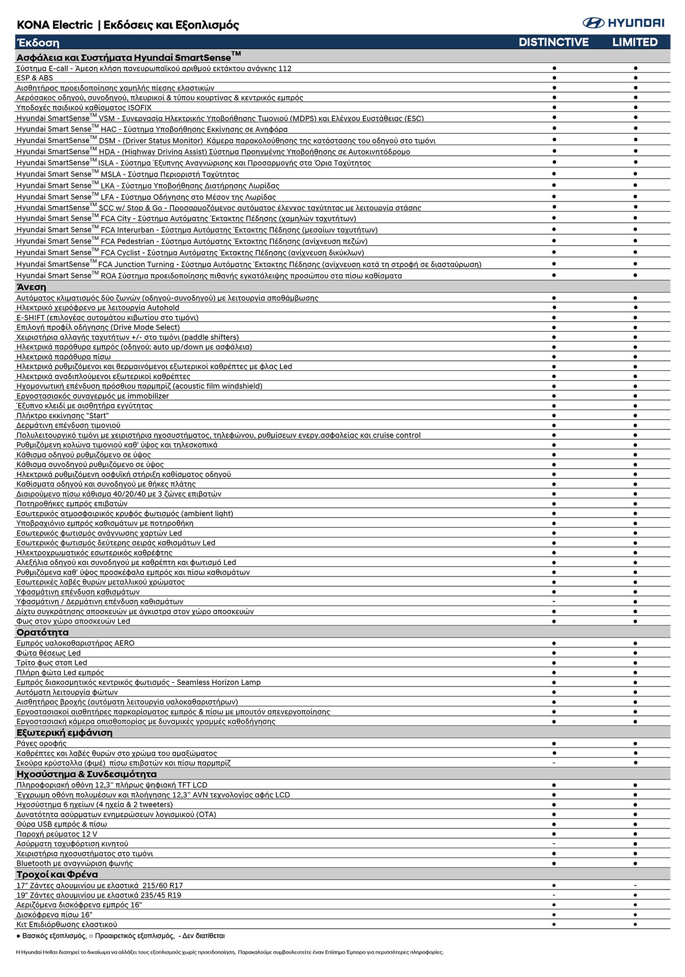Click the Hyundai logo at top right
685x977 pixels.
pyautogui.click(x=623, y=23)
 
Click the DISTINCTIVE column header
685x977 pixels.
pyautogui.click(x=554, y=42)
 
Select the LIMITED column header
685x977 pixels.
pyautogui.click(x=635, y=42)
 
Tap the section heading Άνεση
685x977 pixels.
pyautogui.click(x=32, y=287)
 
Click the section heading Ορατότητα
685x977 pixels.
pyautogui.click(x=42, y=633)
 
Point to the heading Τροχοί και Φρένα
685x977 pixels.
pyautogui.click(x=57, y=874)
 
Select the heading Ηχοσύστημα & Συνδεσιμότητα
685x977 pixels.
pyautogui.click(x=87, y=774)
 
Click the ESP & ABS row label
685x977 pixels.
pyautogui.click(x=35, y=78)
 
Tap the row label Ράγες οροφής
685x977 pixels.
pyautogui.click(x=41, y=743)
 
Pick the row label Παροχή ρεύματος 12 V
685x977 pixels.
pyautogui.click(x=56, y=834)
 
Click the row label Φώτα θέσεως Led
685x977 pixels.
pyautogui.click(x=48, y=653)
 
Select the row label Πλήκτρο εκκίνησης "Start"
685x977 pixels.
pyautogui.click(x=63, y=416)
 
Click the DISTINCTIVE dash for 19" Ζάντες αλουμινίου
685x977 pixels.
pyautogui.click(x=554, y=895)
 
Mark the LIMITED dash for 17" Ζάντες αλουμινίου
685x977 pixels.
pyautogui.click(x=635, y=885)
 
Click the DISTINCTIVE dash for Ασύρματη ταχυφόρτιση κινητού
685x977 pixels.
pyautogui.click(x=554, y=844)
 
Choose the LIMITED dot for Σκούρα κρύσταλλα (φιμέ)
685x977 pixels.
pyautogui.click(x=635, y=763)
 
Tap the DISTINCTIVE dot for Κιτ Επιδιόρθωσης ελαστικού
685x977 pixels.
pyautogui.click(x=554, y=924)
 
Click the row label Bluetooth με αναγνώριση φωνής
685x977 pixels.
pyautogui.click(x=74, y=863)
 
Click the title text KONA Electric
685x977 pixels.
pyautogui.click(x=55, y=25)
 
